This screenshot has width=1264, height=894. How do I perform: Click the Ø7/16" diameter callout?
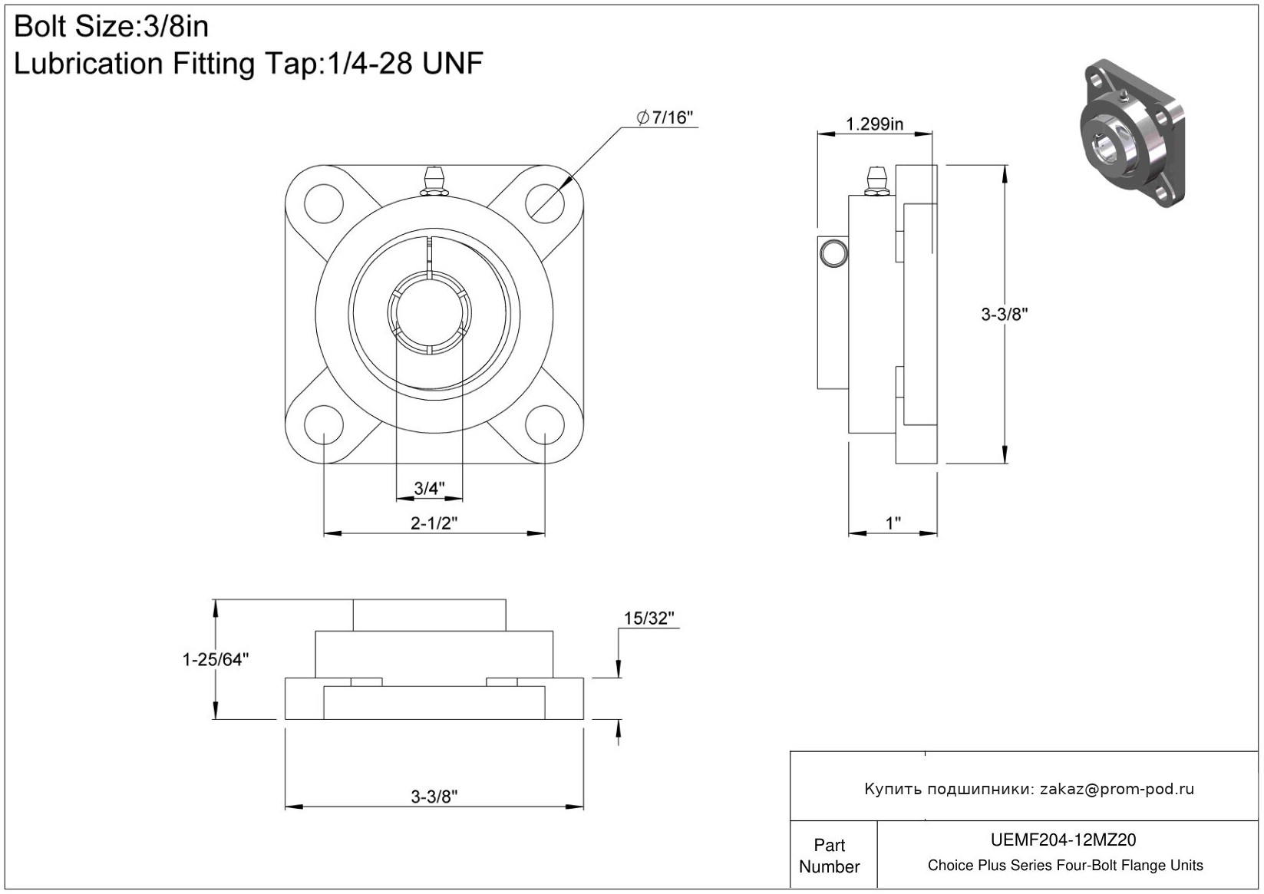click(665, 117)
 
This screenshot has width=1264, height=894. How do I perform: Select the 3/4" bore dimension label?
click(429, 488)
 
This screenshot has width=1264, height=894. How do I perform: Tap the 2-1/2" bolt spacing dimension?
click(434, 523)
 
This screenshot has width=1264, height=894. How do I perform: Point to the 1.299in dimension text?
click(874, 124)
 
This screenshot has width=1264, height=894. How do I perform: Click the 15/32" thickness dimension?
click(649, 619)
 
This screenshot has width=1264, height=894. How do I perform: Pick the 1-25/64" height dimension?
click(216, 659)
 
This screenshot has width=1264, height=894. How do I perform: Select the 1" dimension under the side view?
click(893, 523)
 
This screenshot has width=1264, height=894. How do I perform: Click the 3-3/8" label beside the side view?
click(1004, 314)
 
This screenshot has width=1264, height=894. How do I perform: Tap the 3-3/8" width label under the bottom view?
click(434, 797)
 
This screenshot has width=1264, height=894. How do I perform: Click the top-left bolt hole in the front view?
click(323, 204)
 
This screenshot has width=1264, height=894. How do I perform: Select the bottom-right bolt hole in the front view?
click(544, 424)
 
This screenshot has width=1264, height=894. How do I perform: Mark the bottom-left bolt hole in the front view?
click(323, 424)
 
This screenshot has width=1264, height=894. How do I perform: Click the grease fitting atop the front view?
click(434, 182)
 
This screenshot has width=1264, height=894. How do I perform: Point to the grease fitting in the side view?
click(874, 182)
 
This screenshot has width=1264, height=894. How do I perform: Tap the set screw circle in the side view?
click(833, 252)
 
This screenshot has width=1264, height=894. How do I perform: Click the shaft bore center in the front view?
click(429, 314)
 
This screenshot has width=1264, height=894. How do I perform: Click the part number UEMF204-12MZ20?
click(1064, 840)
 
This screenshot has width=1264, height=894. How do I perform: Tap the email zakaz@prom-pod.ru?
click(1117, 789)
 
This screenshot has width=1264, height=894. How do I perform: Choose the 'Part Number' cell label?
click(829, 856)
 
